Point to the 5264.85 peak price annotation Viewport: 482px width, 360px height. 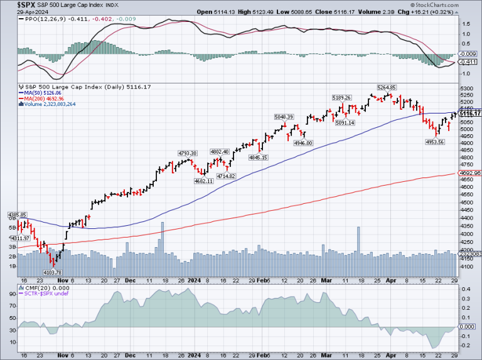coord(386,87)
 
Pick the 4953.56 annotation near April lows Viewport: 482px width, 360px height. coord(434,142)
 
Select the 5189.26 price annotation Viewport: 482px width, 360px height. coord(343,97)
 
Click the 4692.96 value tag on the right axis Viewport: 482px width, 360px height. coord(470,173)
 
